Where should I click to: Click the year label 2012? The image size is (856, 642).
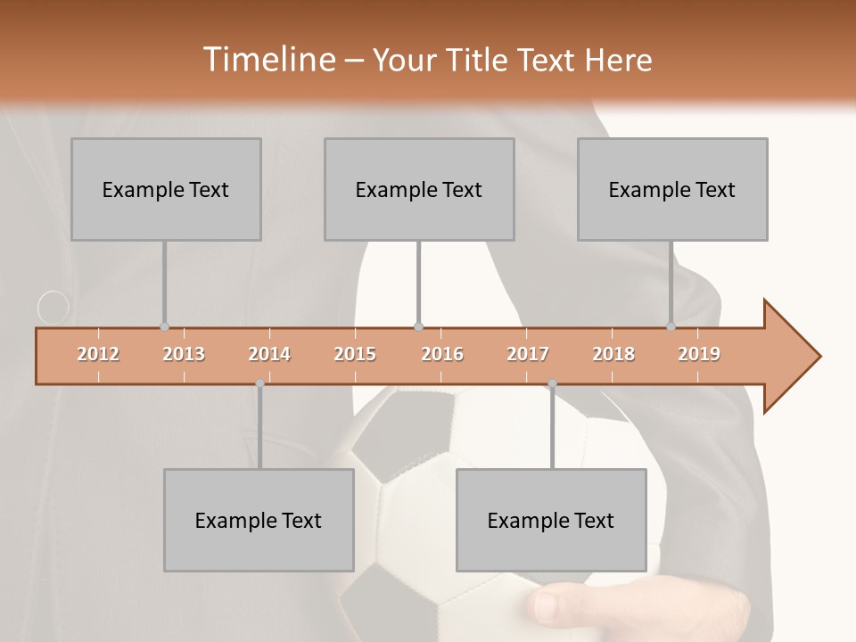[98, 354]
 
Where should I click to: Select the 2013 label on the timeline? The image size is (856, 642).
[184, 354]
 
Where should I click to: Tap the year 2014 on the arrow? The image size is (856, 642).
[269, 354]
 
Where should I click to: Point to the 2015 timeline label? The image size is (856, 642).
[355, 354]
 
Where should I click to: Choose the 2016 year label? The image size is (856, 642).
[442, 354]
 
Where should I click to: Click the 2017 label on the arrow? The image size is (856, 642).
[528, 354]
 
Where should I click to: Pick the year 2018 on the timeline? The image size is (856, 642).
[613, 354]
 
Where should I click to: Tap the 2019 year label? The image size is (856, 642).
[699, 354]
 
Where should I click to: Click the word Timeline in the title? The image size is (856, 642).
[267, 60]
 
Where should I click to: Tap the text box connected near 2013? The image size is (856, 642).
[166, 189]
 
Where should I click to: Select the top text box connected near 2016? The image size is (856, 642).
[419, 189]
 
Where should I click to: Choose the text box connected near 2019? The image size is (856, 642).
[672, 189]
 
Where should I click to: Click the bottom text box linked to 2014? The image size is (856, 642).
[259, 520]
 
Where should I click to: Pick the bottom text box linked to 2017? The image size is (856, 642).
[551, 520]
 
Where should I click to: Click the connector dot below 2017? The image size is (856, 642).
[552, 383]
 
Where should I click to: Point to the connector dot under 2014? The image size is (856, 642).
[259, 383]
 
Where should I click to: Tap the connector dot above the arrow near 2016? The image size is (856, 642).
[418, 327]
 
